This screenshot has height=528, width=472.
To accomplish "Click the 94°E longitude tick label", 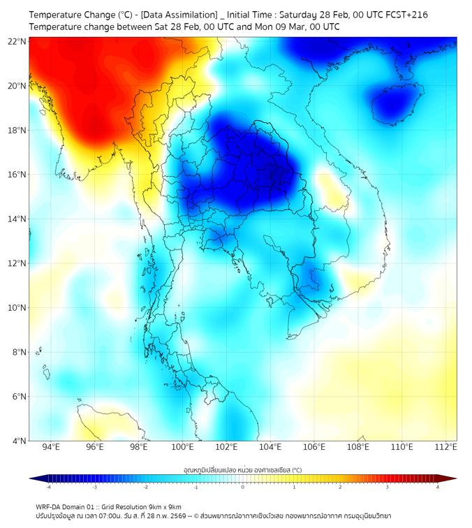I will (51, 447).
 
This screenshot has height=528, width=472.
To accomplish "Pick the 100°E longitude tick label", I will (182, 447).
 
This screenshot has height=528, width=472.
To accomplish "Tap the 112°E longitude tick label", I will (445, 447).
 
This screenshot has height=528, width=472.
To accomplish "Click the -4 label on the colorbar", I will (47, 487).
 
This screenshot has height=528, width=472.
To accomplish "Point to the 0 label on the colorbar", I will (243, 487).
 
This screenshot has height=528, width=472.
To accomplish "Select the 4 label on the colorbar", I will (438, 487).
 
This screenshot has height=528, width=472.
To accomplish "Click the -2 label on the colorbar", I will (145, 487).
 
